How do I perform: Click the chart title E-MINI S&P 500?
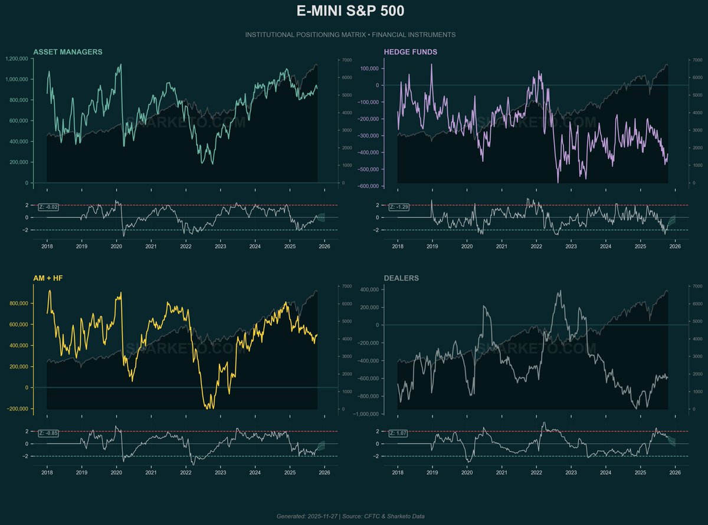(350, 12)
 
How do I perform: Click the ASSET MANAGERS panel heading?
(68, 52)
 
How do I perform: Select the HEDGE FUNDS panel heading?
(411, 52)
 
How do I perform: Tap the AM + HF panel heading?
(50, 278)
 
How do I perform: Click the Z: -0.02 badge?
(48, 207)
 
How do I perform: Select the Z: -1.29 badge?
(399, 207)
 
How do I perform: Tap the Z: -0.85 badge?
(48, 433)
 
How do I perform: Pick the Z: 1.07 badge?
(399, 433)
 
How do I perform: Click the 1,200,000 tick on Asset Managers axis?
(17, 58)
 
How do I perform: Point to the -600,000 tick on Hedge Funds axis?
(368, 187)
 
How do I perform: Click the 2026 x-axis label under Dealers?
(676, 474)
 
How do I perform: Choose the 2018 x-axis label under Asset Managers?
(47, 247)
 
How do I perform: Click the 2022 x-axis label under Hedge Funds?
(536, 247)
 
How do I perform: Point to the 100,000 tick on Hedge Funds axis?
(369, 69)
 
